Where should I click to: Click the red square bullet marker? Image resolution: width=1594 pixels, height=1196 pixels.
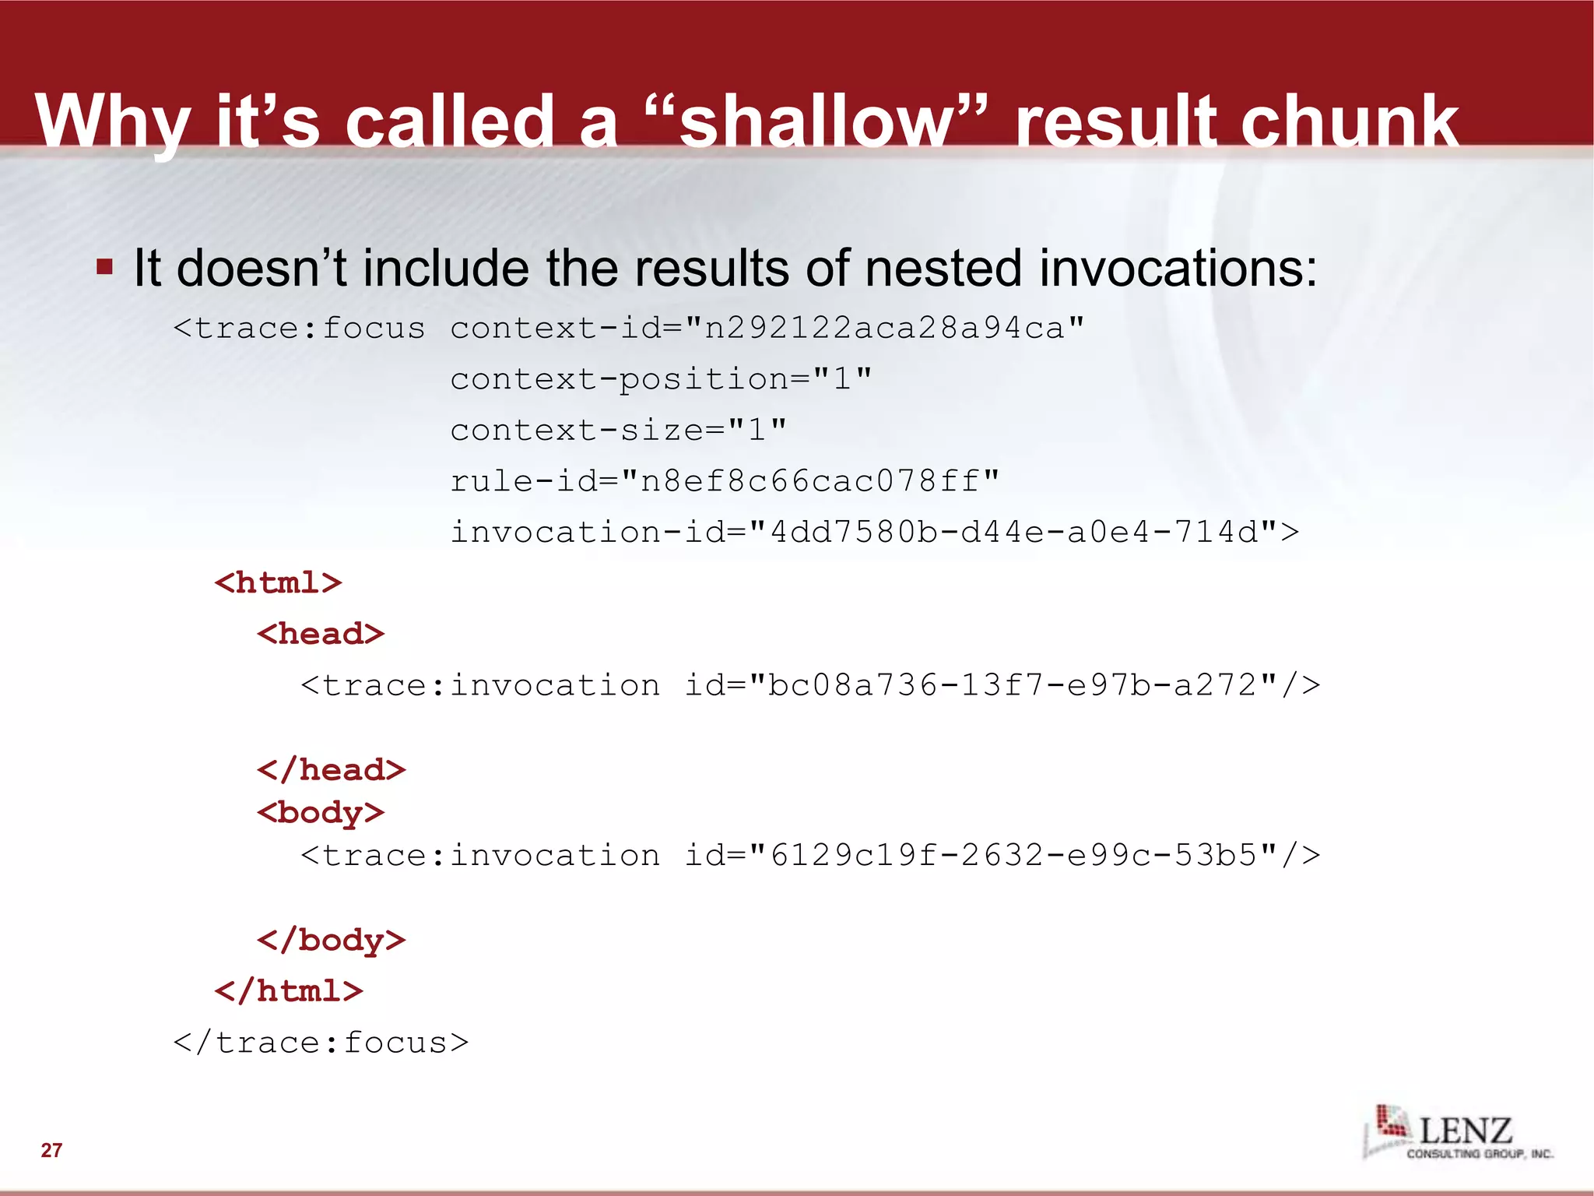(x=104, y=268)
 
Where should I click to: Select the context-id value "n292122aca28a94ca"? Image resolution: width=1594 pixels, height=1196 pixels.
(x=883, y=328)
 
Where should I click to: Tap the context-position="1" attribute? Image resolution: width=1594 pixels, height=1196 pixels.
(x=661, y=379)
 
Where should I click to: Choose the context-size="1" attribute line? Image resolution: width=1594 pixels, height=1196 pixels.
(x=618, y=430)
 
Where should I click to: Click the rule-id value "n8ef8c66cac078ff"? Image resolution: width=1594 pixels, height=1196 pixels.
(x=809, y=481)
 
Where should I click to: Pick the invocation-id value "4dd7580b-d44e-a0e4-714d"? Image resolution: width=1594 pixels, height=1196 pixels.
(x=1012, y=533)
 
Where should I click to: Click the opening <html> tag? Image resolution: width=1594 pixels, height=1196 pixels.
(x=278, y=583)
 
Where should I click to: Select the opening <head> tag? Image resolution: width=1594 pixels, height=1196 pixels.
(x=321, y=634)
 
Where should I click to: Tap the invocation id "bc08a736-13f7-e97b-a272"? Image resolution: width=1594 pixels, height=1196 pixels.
(x=1012, y=685)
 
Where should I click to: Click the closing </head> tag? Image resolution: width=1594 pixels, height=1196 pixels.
(x=331, y=770)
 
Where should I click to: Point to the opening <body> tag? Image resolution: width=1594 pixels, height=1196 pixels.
(x=321, y=813)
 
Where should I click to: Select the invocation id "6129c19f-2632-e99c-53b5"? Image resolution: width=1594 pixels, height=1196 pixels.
(x=1012, y=855)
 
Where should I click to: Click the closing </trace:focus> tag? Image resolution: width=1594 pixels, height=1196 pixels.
(x=321, y=1043)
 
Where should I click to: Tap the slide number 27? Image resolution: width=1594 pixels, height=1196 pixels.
(x=51, y=1150)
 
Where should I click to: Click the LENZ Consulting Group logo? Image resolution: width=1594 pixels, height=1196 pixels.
(x=1458, y=1133)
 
